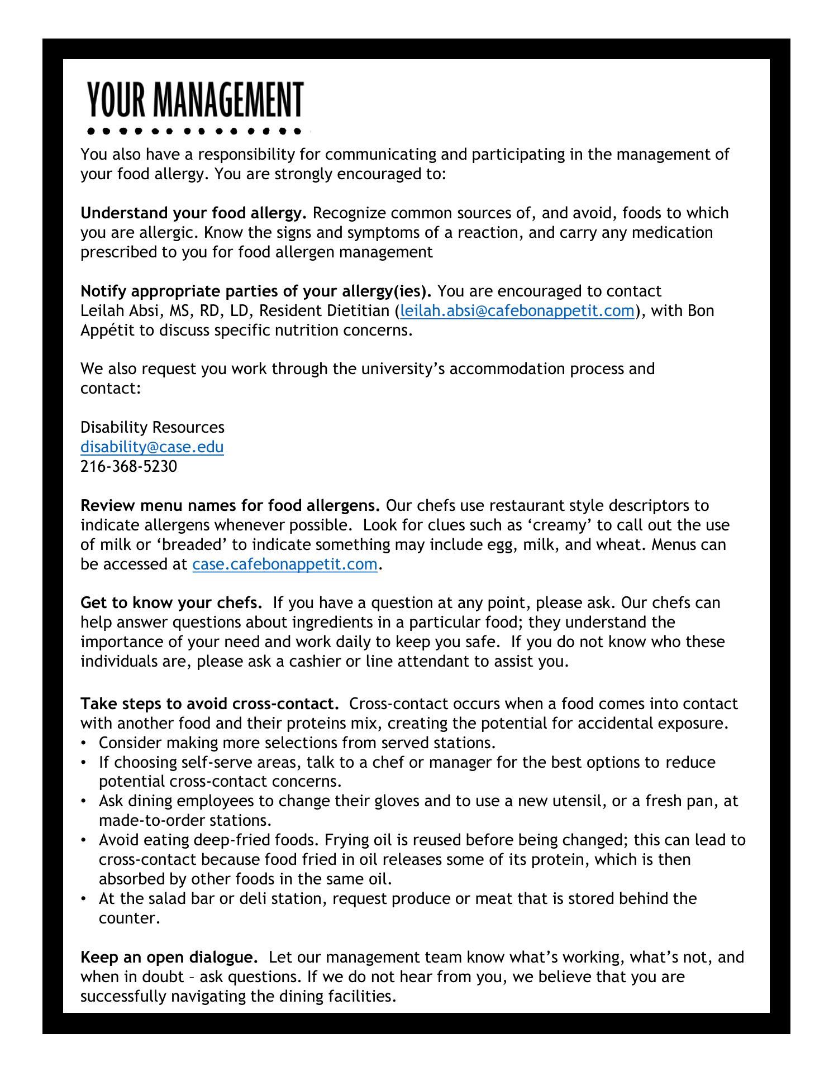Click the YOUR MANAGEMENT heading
pyautogui.click(x=195, y=100)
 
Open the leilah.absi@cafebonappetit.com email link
pyautogui.click(x=517, y=311)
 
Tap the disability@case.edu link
pyautogui.click(x=152, y=447)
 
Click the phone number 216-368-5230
pyautogui.click(x=128, y=467)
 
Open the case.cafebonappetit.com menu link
pyautogui.click(x=284, y=564)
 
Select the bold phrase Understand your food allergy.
pyautogui.click(x=193, y=213)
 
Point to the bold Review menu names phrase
pyautogui.click(x=230, y=506)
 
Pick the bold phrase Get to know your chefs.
pyautogui.click(x=171, y=603)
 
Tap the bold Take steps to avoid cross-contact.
pyautogui.click(x=209, y=703)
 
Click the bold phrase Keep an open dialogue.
pyautogui.click(x=169, y=958)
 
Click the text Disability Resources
pyautogui.click(x=152, y=428)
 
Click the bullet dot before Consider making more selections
pyautogui.click(x=84, y=743)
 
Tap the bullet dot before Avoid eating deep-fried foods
pyautogui.click(x=84, y=840)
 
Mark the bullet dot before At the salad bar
pyautogui.click(x=84, y=899)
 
